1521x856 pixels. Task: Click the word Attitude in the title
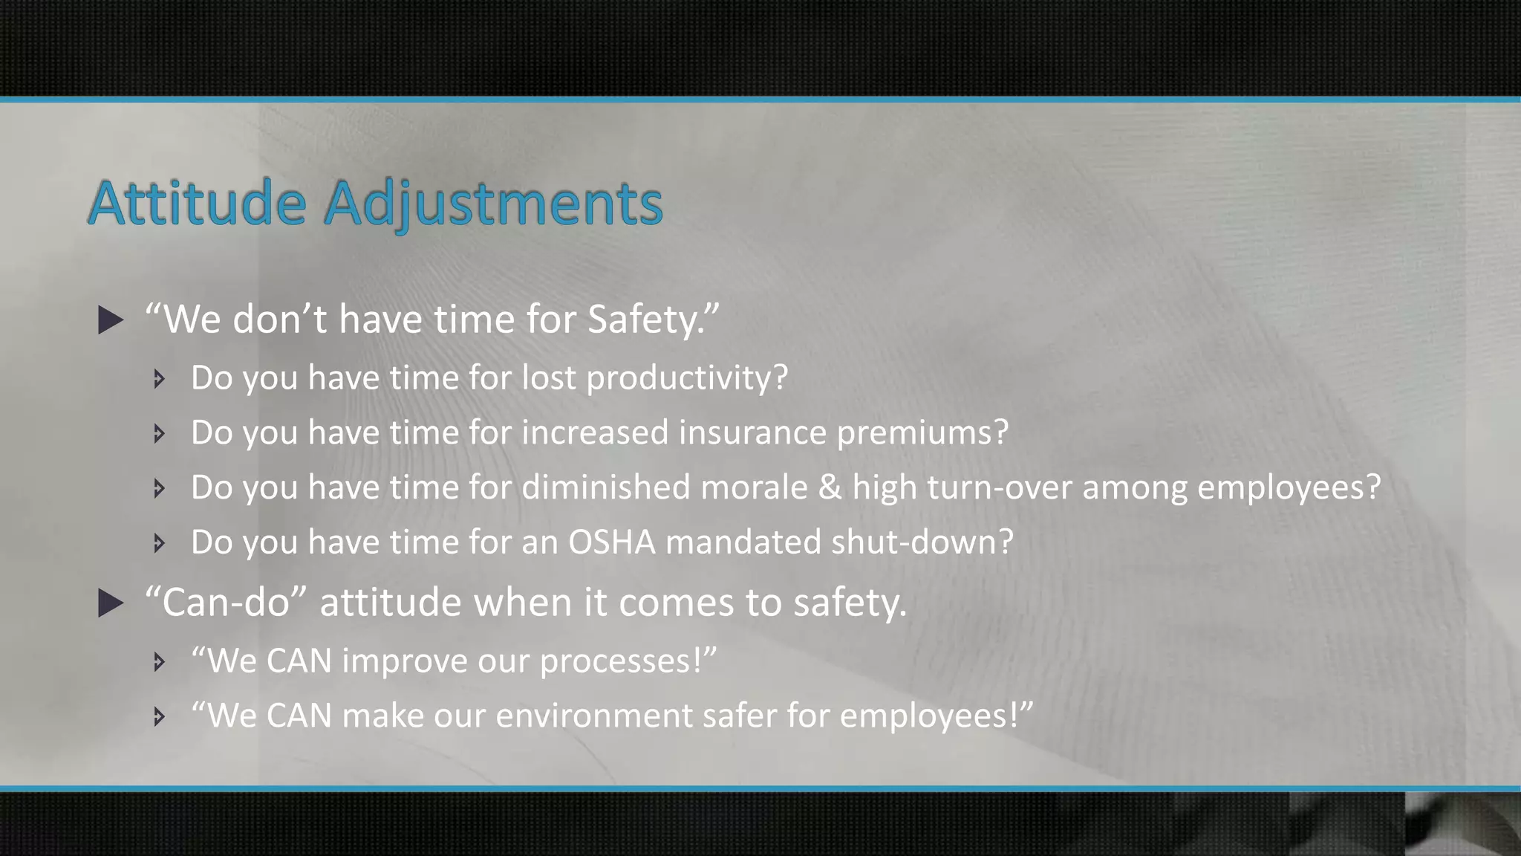click(x=197, y=203)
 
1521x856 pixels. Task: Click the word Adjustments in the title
click(x=493, y=204)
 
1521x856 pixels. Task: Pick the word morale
click(x=754, y=487)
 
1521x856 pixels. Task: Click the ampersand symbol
click(x=830, y=487)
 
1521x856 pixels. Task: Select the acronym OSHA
click(x=612, y=542)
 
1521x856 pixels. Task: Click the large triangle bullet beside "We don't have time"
click(x=111, y=320)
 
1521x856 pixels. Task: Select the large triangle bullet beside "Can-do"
click(x=111, y=603)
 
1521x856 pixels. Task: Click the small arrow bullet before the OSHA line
click(x=158, y=543)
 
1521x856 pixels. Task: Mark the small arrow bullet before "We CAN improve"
click(x=158, y=661)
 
